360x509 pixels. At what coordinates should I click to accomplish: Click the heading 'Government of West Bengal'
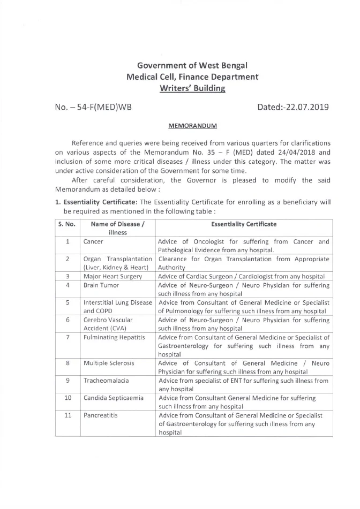(x=192, y=65)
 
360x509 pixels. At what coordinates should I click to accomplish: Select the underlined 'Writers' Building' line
(x=192, y=88)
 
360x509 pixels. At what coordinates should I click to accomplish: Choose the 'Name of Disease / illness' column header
(x=117, y=229)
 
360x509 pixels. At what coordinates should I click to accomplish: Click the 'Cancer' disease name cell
(x=93, y=242)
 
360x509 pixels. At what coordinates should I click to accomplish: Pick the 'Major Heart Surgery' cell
(x=112, y=276)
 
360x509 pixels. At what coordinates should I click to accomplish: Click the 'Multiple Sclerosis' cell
(x=109, y=363)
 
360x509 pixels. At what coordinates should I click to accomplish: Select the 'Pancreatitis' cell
(x=101, y=415)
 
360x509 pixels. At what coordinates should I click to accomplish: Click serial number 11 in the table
(x=67, y=415)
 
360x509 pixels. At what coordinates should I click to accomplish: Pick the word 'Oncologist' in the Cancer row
(x=205, y=242)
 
